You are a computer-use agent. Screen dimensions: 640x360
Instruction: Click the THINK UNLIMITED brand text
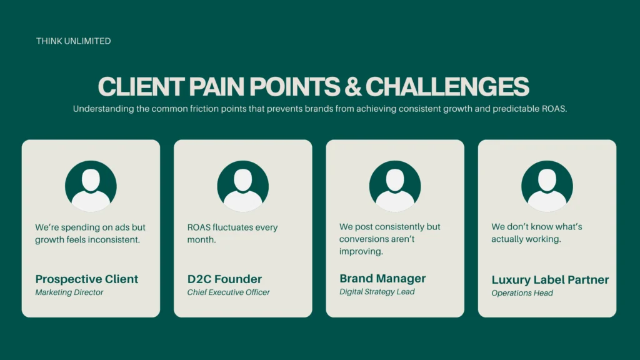74,41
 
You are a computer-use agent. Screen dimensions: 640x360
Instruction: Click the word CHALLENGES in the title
447,86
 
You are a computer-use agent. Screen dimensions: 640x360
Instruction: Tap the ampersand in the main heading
352,86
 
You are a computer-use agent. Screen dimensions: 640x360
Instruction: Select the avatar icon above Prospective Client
91,186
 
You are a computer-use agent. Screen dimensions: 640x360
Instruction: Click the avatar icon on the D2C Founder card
243,186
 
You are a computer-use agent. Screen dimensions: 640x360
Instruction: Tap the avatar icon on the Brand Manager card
395,186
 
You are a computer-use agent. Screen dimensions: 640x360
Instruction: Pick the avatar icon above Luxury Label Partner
547,186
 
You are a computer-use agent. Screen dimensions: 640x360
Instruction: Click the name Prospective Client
86,279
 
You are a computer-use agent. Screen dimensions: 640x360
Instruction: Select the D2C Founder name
224,279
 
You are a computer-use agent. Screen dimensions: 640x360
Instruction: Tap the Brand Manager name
382,278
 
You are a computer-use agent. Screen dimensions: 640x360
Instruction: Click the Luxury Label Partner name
550,279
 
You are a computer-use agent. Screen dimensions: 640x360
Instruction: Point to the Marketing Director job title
69,292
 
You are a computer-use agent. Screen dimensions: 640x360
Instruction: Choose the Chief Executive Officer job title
229,292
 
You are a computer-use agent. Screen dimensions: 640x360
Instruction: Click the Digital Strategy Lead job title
377,292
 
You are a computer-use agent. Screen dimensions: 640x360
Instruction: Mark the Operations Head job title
522,293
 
